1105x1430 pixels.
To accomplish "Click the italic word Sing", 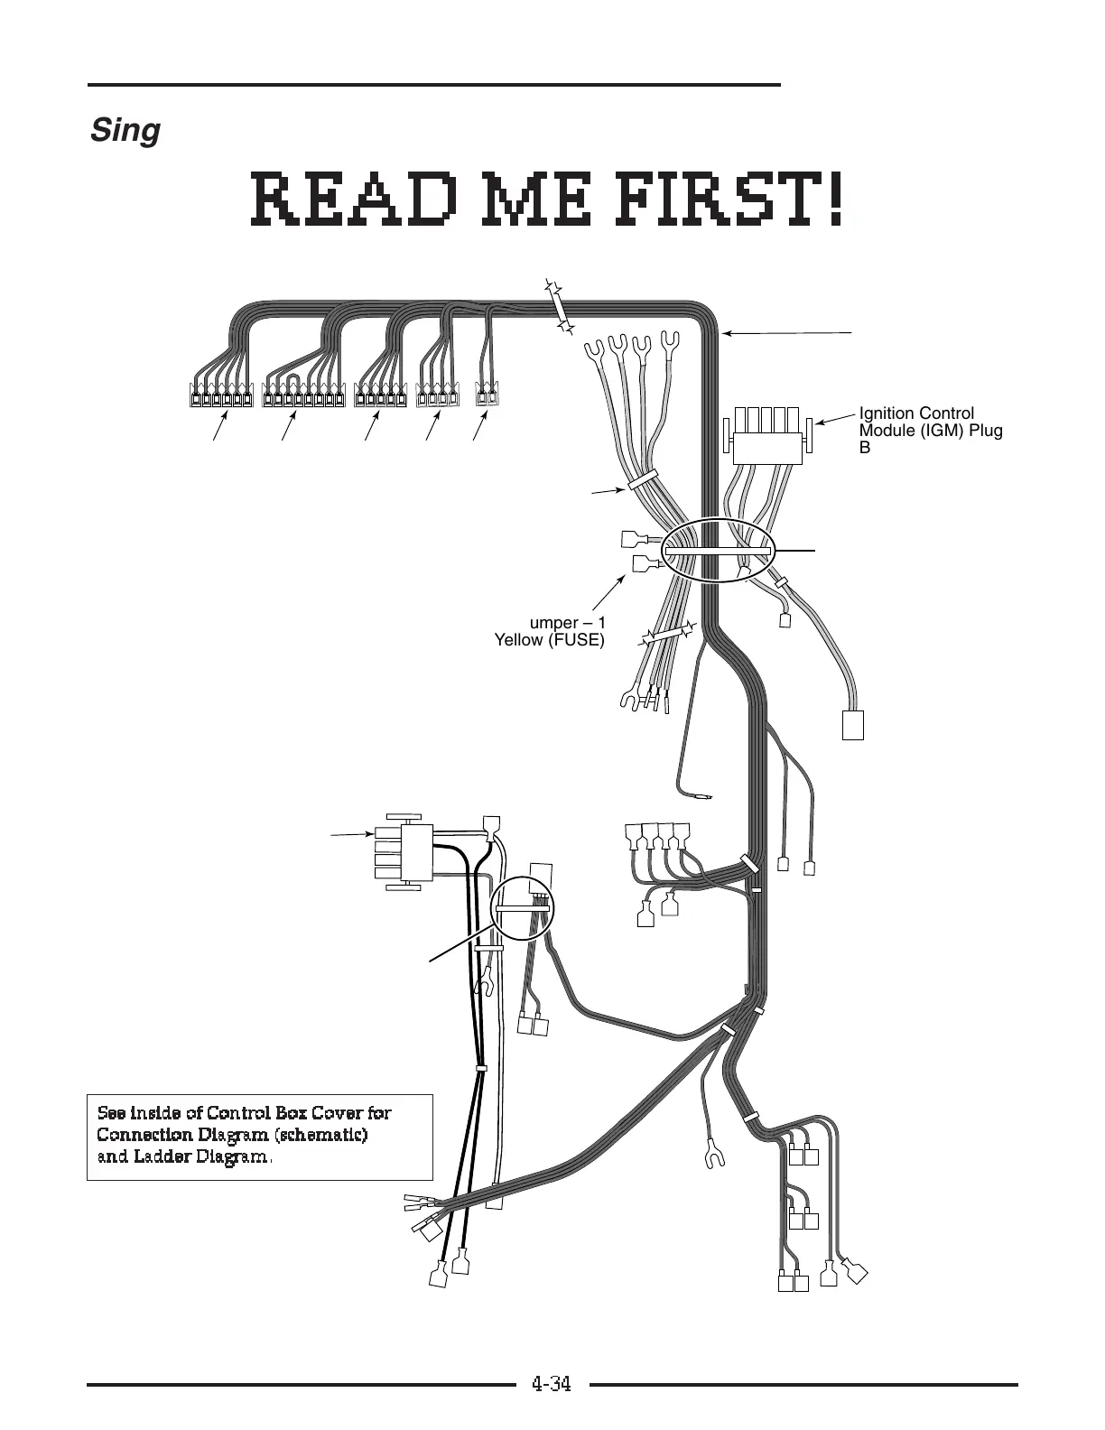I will point(125,132).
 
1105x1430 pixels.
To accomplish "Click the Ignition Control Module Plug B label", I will point(930,430).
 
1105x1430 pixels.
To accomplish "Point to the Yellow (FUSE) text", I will point(550,641).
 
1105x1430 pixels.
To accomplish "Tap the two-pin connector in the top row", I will point(487,395).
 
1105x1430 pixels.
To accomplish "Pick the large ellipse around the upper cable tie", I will point(719,550).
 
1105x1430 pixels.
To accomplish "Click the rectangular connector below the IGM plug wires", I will point(852,725).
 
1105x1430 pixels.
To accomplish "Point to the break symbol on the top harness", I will point(560,308).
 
